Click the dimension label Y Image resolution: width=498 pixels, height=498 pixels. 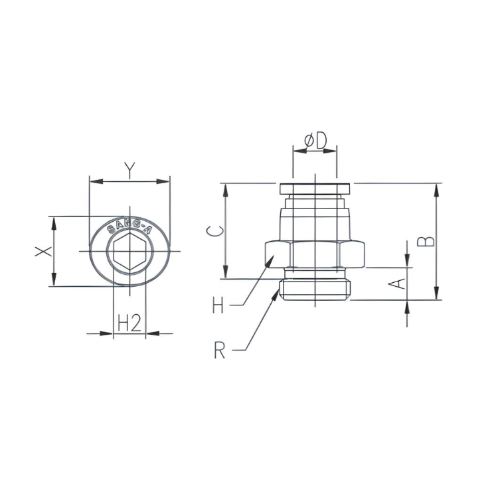[129, 171]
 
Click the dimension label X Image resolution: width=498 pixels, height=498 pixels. [43, 252]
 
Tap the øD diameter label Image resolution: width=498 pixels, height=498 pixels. [315, 140]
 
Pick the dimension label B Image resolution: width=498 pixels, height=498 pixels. [429, 240]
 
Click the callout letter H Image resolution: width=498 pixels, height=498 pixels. [218, 306]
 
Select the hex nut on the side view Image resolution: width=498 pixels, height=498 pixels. [315, 254]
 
